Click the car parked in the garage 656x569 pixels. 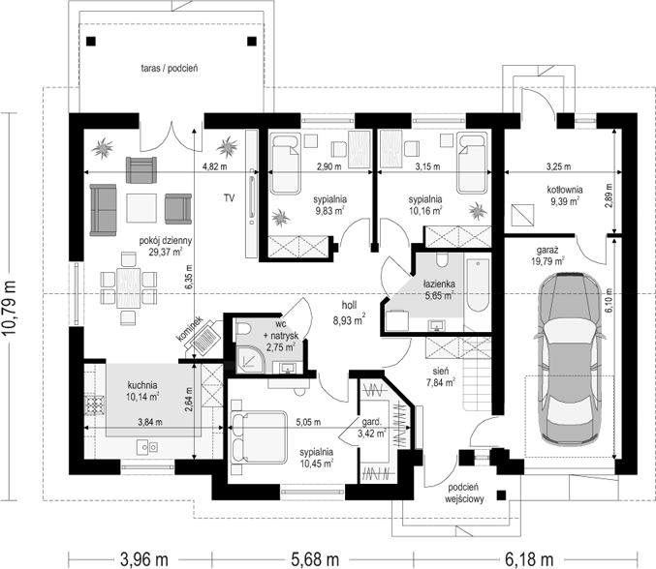569,359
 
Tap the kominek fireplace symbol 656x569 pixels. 205,337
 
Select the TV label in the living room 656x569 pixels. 229,198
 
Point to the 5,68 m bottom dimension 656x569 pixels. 313,559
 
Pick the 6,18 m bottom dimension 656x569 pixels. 529,559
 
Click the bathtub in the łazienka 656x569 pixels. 478,285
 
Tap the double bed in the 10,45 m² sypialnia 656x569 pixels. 259,437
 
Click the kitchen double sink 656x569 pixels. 147,447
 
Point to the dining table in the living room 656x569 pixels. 129,288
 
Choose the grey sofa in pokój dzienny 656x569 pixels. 103,210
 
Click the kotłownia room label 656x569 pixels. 565,195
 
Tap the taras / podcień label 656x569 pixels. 170,68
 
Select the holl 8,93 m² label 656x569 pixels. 349,313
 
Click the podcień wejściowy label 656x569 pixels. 464,493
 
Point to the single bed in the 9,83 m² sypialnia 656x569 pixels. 285,164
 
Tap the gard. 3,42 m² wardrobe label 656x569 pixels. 372,428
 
